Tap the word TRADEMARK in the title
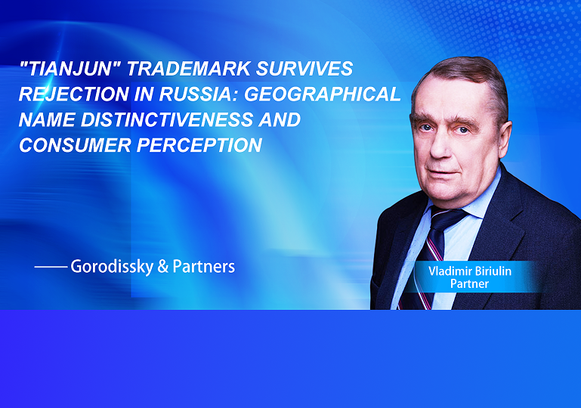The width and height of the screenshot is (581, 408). click(x=189, y=69)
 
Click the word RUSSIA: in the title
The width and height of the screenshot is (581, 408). click(x=200, y=94)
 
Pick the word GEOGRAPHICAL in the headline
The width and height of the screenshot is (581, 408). click(x=323, y=94)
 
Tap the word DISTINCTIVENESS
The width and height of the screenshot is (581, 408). click(x=167, y=119)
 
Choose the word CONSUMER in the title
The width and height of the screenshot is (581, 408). click(x=76, y=145)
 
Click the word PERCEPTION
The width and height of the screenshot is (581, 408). click(x=199, y=145)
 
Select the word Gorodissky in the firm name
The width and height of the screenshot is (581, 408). click(x=112, y=267)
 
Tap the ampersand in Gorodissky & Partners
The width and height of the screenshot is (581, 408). click(x=163, y=267)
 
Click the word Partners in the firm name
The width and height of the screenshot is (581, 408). click(x=204, y=267)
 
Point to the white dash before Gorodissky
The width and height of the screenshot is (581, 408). click(x=51, y=267)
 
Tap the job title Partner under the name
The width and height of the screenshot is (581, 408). click(x=469, y=284)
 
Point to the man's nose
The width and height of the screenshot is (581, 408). click(x=441, y=147)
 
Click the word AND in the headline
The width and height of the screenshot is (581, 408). click(x=280, y=119)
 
